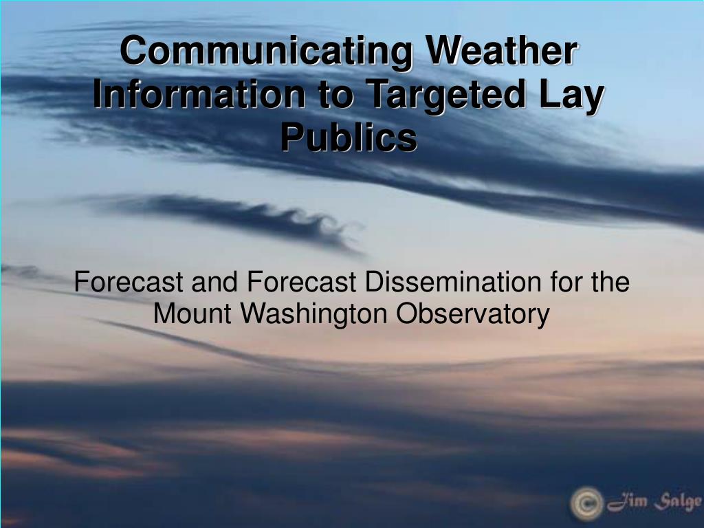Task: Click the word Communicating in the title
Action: coord(266,52)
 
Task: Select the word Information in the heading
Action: coord(199,93)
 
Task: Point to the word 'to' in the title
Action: coord(335,95)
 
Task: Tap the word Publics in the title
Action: coord(349,137)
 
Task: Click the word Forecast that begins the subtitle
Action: coord(129,282)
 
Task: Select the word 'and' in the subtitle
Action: coord(214,282)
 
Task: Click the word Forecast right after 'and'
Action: coord(301,282)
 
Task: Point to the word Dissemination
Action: coord(453,282)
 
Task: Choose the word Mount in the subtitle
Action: coord(192,313)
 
